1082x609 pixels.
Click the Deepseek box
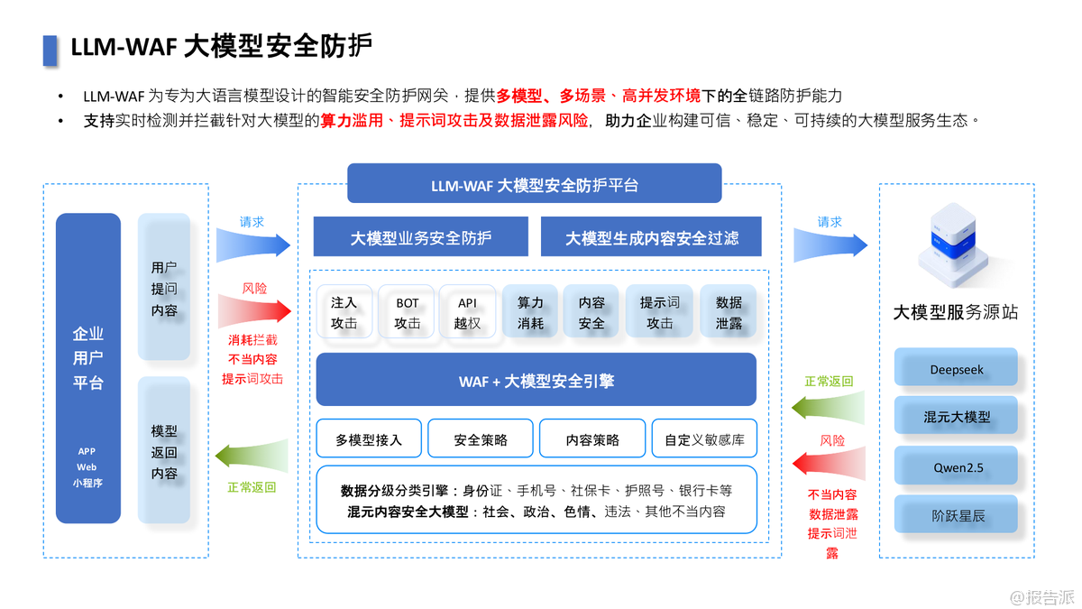point(956,369)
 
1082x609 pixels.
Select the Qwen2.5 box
point(956,467)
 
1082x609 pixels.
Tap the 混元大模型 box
point(956,418)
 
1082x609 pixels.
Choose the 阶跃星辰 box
point(956,517)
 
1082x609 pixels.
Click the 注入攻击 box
point(344,312)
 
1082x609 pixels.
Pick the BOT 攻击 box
point(407,312)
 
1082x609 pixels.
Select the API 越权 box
point(467,312)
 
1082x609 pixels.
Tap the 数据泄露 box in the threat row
point(729,312)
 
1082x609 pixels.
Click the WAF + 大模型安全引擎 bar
point(536,380)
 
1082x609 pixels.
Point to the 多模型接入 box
point(369,439)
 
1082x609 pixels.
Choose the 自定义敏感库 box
point(704,439)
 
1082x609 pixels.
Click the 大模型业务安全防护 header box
point(421,238)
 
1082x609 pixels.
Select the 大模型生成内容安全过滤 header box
point(651,238)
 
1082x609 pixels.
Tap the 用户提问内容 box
point(164,288)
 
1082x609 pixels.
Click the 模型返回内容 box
point(164,451)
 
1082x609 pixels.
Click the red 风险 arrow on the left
point(255,310)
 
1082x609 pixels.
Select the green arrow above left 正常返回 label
point(253,457)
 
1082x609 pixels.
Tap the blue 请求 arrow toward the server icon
point(830,243)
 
